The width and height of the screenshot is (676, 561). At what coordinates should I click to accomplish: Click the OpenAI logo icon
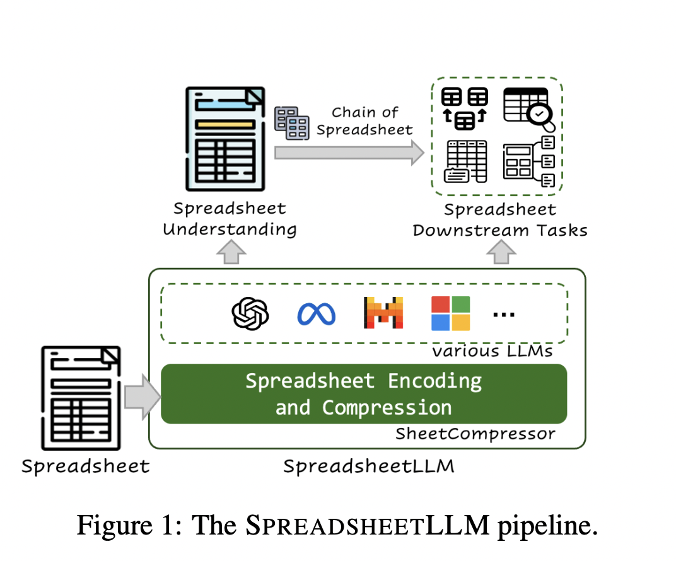(x=250, y=313)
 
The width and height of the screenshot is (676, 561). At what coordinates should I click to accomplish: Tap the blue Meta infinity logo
(x=316, y=313)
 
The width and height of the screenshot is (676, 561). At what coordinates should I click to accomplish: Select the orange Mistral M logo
(x=383, y=313)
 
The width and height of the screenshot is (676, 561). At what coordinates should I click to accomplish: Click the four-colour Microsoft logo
(x=450, y=313)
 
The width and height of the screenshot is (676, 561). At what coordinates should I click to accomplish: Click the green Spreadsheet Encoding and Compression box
(x=364, y=394)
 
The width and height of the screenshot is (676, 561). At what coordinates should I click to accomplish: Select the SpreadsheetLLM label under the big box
(x=368, y=466)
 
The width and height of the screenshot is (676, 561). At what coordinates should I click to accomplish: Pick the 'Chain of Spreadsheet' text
(x=365, y=121)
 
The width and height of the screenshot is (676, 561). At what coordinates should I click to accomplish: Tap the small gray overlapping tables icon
(x=291, y=123)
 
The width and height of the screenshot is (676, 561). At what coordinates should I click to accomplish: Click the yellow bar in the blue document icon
(x=224, y=124)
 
